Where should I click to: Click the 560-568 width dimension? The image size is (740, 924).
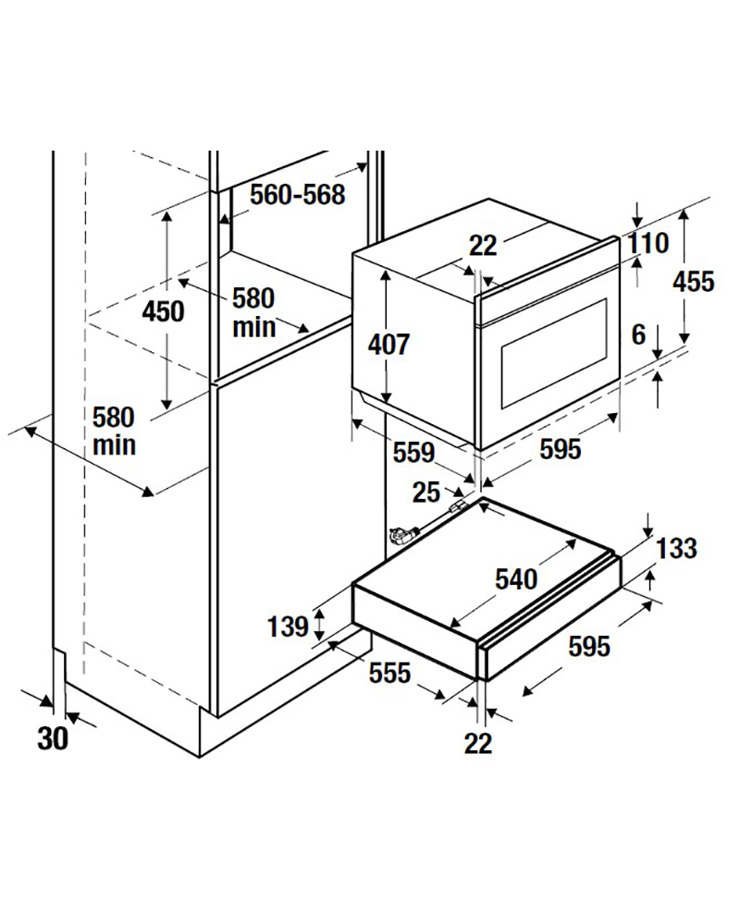pyautogui.click(x=298, y=195)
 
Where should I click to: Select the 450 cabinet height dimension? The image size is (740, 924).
pyautogui.click(x=163, y=311)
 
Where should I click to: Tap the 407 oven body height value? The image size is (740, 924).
pyautogui.click(x=388, y=345)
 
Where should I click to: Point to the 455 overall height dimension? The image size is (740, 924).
pyautogui.click(x=694, y=281)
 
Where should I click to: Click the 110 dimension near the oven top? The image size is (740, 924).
pyautogui.click(x=647, y=245)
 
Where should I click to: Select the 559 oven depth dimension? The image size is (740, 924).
pyautogui.click(x=413, y=453)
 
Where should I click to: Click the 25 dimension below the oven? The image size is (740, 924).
pyautogui.click(x=426, y=493)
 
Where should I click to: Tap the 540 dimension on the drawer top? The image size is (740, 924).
pyautogui.click(x=516, y=579)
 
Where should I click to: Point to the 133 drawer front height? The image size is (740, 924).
pyautogui.click(x=676, y=549)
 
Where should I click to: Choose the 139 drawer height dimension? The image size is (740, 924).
pyautogui.click(x=288, y=627)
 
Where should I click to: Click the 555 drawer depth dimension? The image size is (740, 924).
pyautogui.click(x=389, y=674)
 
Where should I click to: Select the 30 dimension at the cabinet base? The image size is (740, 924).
pyautogui.click(x=54, y=738)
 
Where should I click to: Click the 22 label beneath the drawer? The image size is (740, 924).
pyautogui.click(x=478, y=742)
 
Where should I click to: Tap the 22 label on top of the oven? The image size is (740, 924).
pyautogui.click(x=483, y=246)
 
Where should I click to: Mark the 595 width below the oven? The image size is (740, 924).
pyautogui.click(x=561, y=449)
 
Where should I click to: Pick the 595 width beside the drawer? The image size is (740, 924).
pyautogui.click(x=589, y=647)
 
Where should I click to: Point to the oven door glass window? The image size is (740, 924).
pyautogui.click(x=553, y=351)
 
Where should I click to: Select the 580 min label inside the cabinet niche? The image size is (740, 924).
pyautogui.click(x=253, y=311)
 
